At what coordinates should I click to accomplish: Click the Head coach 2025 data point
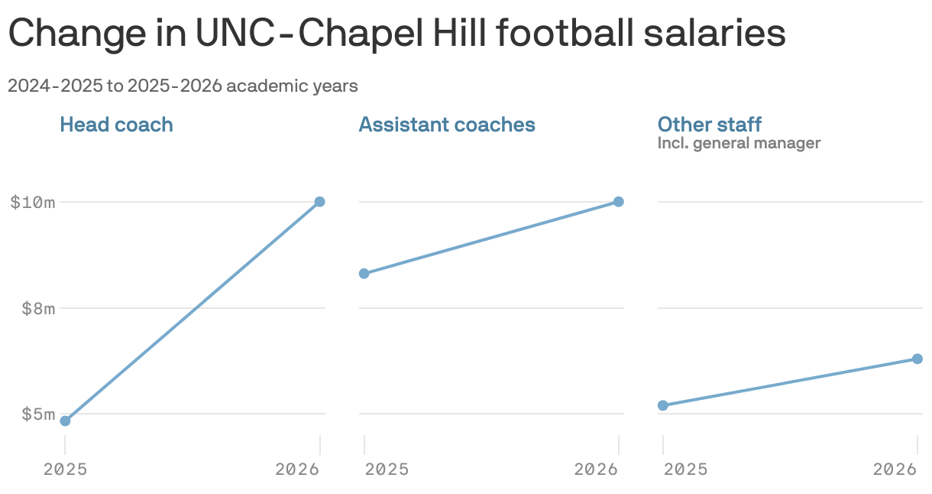(65, 421)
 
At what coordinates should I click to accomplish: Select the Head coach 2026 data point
(319, 202)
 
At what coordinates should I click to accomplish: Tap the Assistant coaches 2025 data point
(364, 273)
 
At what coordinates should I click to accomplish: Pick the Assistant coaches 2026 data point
(619, 202)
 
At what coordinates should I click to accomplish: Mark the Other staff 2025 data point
(663, 405)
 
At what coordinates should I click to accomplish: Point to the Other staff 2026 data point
(917, 359)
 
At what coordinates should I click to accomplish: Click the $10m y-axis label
(32, 203)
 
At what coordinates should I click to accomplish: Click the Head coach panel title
(116, 125)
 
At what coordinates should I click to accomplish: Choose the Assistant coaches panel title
(447, 125)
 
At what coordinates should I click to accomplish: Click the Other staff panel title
(710, 125)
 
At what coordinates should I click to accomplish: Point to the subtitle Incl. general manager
(739, 143)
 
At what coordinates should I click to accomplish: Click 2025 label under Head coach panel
(65, 470)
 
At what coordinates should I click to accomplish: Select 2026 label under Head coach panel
(297, 470)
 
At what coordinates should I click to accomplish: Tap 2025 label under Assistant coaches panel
(387, 470)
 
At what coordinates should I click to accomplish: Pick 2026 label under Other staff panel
(895, 470)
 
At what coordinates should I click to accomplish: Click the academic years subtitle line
(183, 86)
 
